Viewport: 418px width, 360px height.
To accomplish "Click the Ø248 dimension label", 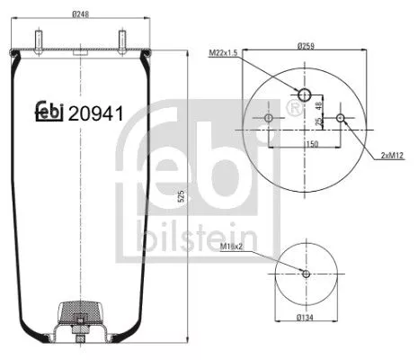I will click(82, 13).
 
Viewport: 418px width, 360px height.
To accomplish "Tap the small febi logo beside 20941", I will click(49, 112).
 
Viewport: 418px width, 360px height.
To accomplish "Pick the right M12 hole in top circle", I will click(340, 119).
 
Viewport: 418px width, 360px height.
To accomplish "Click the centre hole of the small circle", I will click(306, 274).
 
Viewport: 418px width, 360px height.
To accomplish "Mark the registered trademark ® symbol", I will click(292, 108).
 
